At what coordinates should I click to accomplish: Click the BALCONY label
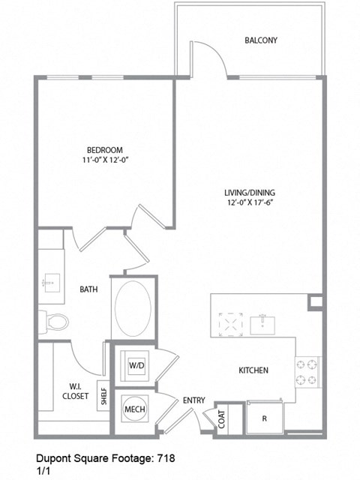pos(261,40)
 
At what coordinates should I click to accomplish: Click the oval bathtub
pos(133,308)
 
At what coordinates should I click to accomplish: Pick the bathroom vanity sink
pos(52,283)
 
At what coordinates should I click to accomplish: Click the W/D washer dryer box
pos(136,365)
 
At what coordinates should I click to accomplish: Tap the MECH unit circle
pos(134,409)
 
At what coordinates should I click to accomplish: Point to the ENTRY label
pos(193,400)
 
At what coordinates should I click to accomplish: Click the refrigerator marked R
pos(265,418)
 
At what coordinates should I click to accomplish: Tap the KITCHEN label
pos(253,370)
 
